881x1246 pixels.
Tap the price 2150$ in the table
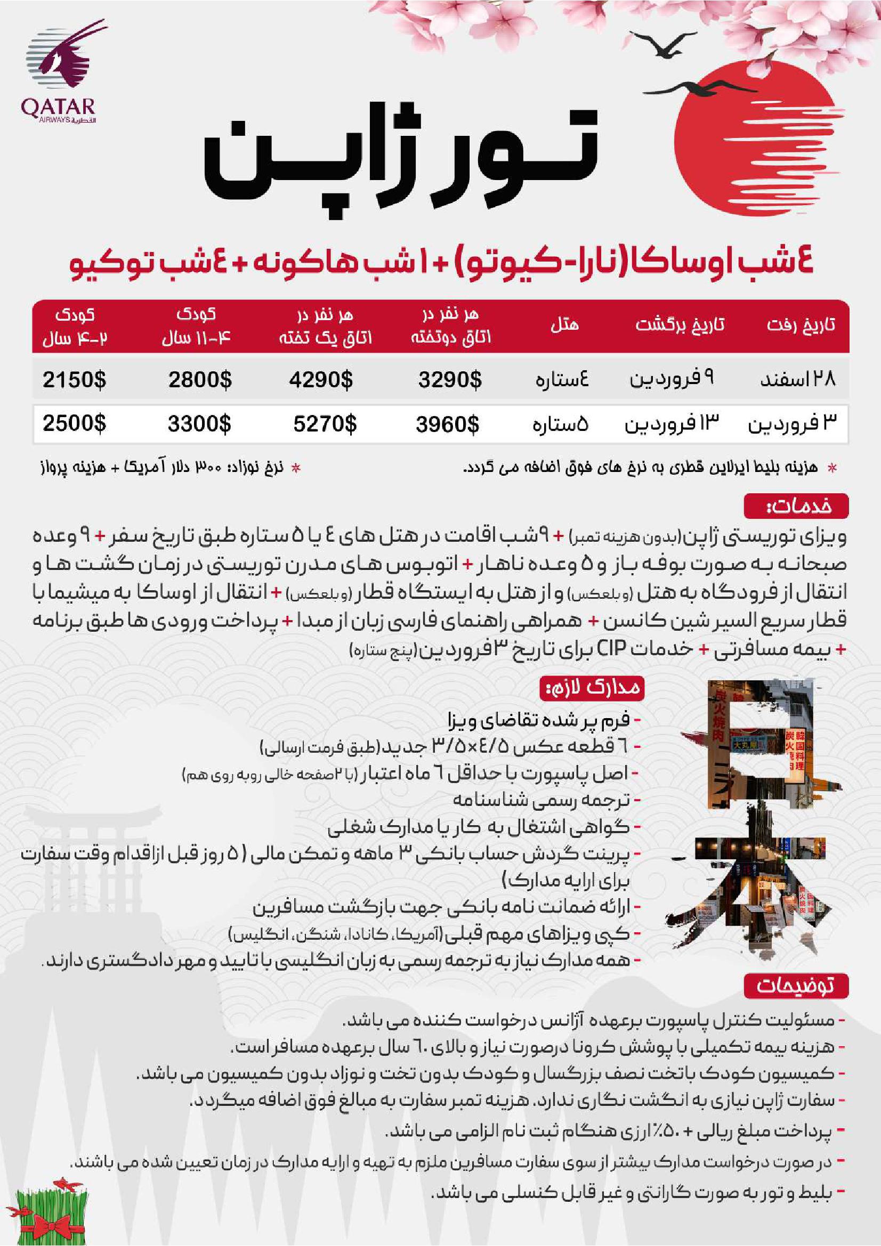[x=75, y=379]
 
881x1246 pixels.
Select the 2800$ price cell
[x=200, y=379]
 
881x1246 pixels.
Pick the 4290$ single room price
[x=321, y=379]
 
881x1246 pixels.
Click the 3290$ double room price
[x=450, y=379]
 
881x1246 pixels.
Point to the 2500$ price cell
[x=75, y=424]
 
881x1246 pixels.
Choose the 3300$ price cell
[x=199, y=424]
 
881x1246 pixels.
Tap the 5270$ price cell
[x=325, y=424]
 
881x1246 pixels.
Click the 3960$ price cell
[x=448, y=424]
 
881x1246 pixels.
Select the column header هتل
[x=564, y=325]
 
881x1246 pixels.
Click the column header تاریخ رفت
[x=801, y=325]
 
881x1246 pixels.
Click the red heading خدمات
[x=796, y=506]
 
